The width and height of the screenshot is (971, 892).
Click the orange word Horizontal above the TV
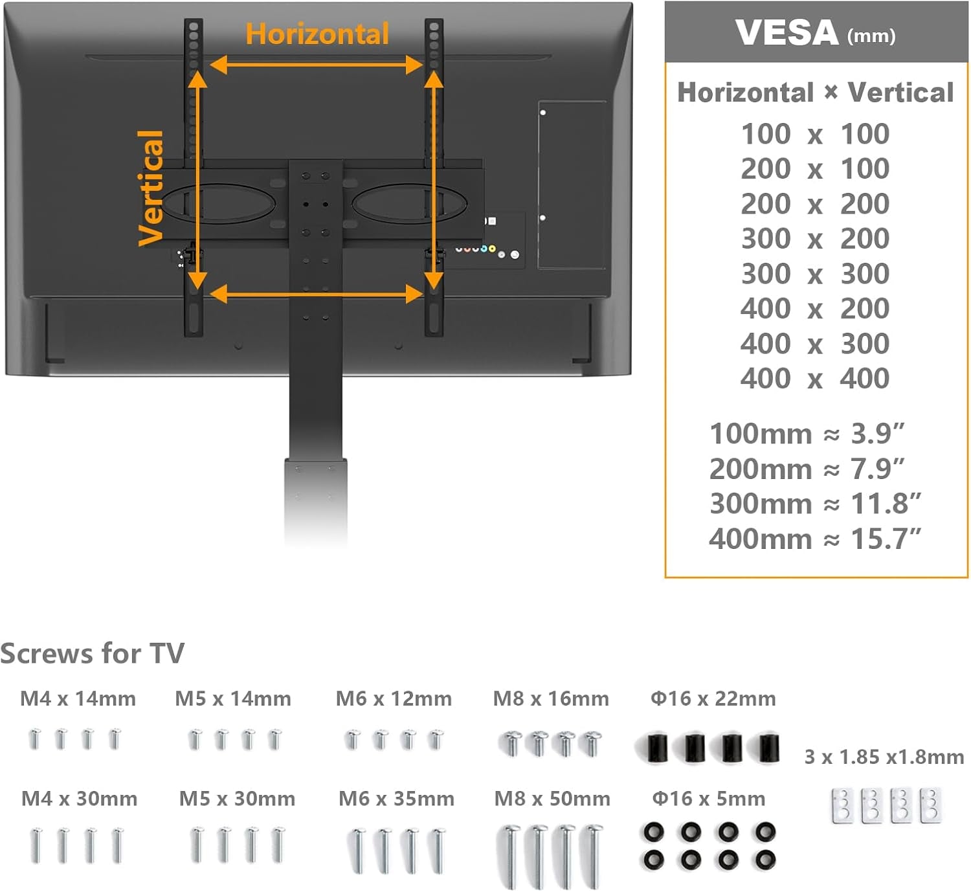[317, 34]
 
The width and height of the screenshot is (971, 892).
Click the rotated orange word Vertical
[151, 188]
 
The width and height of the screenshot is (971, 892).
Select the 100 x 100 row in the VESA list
[815, 133]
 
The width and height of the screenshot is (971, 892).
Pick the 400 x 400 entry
[815, 378]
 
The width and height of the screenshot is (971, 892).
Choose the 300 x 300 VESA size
[815, 274]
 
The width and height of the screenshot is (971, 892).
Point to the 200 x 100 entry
[815, 168]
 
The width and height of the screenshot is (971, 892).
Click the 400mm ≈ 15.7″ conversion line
[814, 539]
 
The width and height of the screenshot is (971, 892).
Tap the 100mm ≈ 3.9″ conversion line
[807, 434]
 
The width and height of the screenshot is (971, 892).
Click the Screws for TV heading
[93, 653]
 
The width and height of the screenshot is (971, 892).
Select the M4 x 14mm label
[78, 699]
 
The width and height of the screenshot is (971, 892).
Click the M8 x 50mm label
[552, 799]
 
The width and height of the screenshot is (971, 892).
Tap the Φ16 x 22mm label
[713, 699]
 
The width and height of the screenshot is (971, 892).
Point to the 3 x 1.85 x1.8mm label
[884, 757]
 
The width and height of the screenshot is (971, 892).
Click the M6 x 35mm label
[396, 799]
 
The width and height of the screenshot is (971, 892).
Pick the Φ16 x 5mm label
[709, 799]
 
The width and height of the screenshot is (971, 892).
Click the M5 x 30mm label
[237, 799]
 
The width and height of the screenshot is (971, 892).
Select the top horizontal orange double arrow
[317, 65]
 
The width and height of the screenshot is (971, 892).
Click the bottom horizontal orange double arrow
[317, 294]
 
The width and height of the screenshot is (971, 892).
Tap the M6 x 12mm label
[394, 699]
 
